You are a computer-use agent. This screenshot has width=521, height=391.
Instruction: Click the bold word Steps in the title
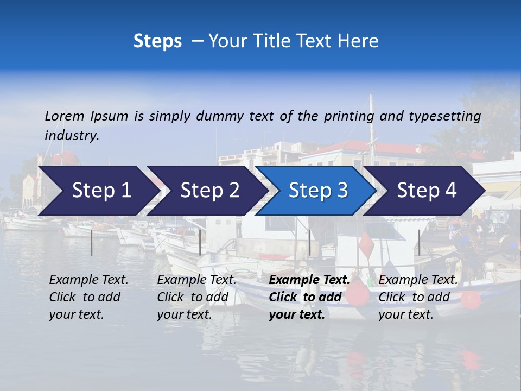(x=157, y=41)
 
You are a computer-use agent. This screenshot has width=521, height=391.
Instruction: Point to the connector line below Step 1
(x=92, y=242)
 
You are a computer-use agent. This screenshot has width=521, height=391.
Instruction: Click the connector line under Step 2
(x=200, y=242)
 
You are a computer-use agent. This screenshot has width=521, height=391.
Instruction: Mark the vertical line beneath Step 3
(x=309, y=242)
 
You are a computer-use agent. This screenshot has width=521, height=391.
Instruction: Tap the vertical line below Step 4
(x=419, y=242)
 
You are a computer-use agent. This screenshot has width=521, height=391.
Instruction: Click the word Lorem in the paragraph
(x=65, y=116)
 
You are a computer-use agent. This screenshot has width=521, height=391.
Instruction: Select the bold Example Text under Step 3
(x=309, y=280)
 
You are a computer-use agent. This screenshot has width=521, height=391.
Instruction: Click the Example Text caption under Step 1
(x=88, y=280)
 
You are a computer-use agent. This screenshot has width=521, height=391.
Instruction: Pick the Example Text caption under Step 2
(x=196, y=280)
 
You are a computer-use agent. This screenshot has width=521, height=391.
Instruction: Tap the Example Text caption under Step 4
(x=418, y=280)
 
